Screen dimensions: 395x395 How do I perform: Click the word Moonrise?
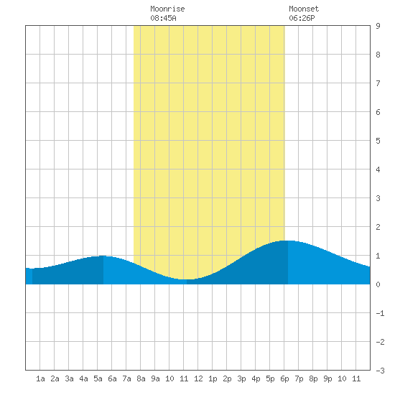167,9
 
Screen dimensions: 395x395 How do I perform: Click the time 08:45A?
163,18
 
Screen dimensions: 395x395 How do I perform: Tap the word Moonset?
304,9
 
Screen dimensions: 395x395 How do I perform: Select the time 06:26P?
302,18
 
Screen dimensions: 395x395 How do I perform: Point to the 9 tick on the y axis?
378,26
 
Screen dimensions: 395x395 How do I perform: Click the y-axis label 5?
378,141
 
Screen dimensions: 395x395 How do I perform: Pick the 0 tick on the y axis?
378,284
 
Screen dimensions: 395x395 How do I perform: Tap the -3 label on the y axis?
380,371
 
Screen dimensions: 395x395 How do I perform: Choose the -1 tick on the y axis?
380,313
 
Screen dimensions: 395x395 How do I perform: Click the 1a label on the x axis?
40,378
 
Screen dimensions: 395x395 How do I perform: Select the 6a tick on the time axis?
112,378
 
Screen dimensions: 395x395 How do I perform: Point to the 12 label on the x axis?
198,378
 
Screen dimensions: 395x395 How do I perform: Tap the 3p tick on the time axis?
241,378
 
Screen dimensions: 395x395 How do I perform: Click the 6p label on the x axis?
284,378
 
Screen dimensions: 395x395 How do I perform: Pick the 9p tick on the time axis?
327,378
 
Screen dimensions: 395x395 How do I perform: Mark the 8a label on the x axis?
141,378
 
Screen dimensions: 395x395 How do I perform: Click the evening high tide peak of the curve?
288,241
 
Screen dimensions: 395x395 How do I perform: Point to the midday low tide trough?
187,279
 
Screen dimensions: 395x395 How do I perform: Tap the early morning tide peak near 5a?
103,256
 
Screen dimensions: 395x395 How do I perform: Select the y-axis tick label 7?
378,83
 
